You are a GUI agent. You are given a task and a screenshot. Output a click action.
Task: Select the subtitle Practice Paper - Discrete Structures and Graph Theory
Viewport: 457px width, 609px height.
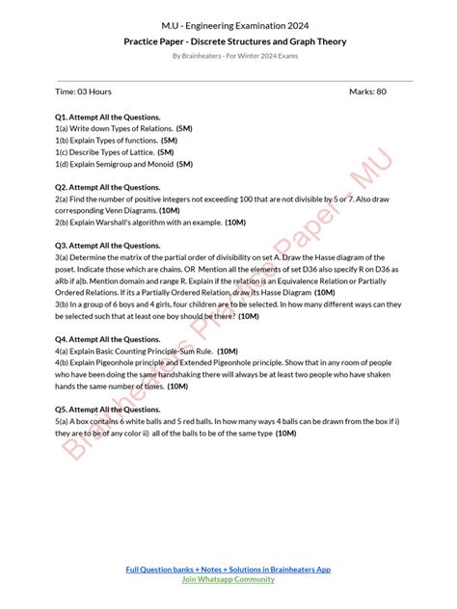coord(235,42)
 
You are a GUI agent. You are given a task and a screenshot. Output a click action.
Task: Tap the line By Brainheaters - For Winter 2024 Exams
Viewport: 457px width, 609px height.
coord(235,57)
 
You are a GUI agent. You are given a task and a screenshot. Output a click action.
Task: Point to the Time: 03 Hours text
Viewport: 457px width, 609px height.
coord(84,92)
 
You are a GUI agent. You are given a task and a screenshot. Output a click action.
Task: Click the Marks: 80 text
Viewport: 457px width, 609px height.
coord(367,92)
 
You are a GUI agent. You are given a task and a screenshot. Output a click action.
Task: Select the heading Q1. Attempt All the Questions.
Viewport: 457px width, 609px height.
coord(108,118)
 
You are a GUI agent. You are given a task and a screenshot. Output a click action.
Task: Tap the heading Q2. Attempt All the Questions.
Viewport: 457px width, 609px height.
coord(108,187)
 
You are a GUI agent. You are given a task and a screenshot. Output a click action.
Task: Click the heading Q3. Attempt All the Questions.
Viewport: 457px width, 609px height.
coord(108,246)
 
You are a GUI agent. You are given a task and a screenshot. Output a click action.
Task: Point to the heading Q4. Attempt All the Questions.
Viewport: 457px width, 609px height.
coord(108,340)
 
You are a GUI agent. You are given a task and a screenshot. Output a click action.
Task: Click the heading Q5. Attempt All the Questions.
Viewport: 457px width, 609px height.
coord(108,410)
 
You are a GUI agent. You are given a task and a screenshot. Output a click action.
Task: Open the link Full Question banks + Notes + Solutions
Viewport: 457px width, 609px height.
coord(228,569)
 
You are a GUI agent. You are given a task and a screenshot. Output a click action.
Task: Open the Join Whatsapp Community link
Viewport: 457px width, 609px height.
coord(228,580)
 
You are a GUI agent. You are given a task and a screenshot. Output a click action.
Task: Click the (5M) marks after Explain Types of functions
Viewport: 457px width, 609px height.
coord(176,141)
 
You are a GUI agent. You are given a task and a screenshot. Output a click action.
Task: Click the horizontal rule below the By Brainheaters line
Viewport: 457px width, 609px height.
coord(235,80)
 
